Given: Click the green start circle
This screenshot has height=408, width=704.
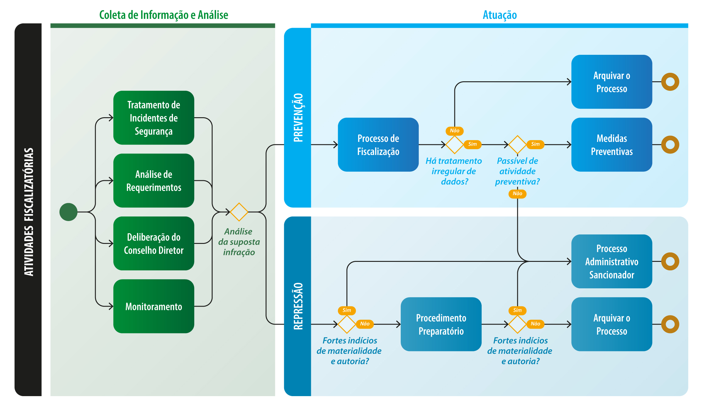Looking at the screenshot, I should (x=69, y=212).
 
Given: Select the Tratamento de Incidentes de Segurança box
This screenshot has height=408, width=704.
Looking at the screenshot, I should (x=154, y=118).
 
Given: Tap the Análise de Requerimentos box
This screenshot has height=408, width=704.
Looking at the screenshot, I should (x=154, y=181).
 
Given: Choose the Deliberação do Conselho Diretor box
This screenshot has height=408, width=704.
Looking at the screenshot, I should (x=154, y=244).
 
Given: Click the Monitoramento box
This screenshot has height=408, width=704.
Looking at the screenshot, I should (x=154, y=306).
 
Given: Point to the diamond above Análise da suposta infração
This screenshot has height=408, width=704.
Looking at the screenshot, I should (x=239, y=212).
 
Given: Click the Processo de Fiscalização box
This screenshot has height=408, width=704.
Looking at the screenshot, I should (x=378, y=145).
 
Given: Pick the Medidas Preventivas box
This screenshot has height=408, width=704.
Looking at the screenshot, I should (x=612, y=145).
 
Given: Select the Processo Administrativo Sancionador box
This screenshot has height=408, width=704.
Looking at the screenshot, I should (x=612, y=262).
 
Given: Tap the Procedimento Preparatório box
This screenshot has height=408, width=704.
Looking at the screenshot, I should (x=441, y=324).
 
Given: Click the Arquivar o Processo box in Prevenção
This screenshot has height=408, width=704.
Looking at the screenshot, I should (x=612, y=82).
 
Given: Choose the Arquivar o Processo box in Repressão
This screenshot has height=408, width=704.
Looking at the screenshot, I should (x=612, y=324).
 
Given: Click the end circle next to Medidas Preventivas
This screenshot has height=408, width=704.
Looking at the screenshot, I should (x=670, y=145).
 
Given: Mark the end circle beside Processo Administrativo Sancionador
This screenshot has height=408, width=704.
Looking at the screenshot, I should (x=670, y=262).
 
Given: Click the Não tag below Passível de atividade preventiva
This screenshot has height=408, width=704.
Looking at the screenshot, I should (x=517, y=194).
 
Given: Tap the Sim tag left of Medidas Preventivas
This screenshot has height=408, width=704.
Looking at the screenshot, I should (x=535, y=144).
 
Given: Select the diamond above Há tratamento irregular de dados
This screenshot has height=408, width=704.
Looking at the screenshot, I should (x=455, y=145).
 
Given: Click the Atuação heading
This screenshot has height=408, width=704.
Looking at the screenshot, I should (x=500, y=15).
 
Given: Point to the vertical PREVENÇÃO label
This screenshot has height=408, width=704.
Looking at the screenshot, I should (x=298, y=118).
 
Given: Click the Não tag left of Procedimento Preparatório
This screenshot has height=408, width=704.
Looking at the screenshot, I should (x=365, y=324).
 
